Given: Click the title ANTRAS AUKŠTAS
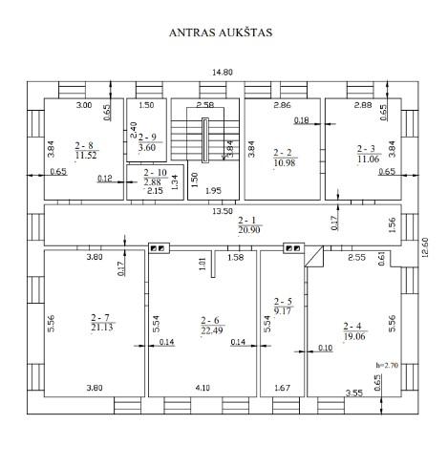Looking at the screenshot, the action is click(221, 32).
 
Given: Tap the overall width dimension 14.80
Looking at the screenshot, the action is click(223, 73).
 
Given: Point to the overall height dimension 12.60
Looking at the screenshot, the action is click(425, 247).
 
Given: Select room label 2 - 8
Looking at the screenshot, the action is click(84, 145).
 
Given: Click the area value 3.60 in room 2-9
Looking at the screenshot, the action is click(147, 147).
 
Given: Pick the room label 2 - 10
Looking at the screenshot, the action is click(155, 173).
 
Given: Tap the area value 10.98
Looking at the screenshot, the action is click(285, 162).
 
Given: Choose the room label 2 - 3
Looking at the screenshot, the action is click(366, 149).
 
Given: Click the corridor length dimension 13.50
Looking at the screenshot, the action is click(223, 211).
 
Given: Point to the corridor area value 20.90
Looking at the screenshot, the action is click(249, 230).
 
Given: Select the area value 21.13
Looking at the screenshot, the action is click(102, 327).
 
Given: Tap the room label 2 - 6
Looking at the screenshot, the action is click(210, 320).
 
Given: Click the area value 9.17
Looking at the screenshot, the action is click(283, 310).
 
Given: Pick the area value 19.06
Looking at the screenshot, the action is click(354, 336).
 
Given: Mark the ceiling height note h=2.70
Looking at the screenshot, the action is click(387, 365).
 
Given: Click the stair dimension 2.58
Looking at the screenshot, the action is click(205, 104).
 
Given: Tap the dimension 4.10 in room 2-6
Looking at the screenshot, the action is click(203, 388).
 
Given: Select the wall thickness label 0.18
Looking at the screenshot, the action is click(302, 120).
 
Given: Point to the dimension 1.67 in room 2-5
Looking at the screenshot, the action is click(282, 388).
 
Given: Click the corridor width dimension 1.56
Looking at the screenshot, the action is click(392, 225).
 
